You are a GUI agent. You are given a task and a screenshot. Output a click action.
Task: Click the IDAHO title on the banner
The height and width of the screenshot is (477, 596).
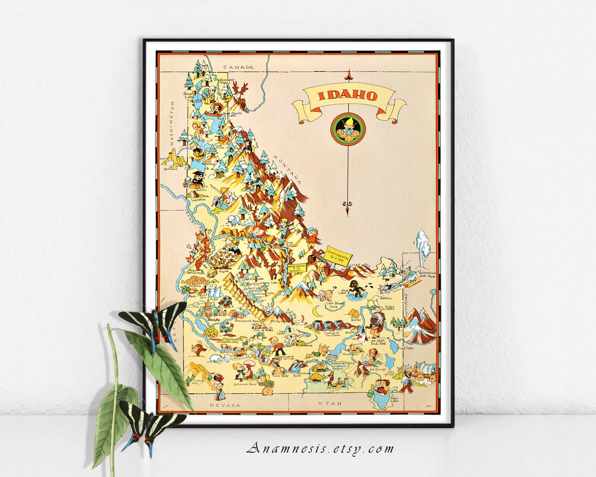click(x=348, y=96)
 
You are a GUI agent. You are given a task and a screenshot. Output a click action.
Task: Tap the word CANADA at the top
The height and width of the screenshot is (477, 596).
click(x=238, y=67)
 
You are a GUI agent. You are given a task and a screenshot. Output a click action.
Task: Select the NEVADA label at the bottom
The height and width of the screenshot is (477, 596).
click(x=225, y=405)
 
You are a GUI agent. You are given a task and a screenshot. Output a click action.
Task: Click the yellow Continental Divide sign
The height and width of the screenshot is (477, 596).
click(x=338, y=255)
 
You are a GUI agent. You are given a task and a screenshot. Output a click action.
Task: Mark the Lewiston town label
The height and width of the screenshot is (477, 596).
click(x=198, y=200)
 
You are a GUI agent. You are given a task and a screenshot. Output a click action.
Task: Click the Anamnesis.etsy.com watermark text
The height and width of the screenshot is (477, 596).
click(x=320, y=449)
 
